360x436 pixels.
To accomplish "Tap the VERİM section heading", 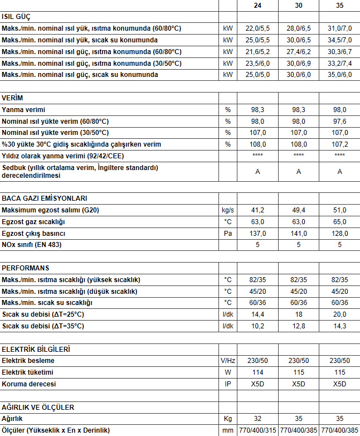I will (x=12, y=98).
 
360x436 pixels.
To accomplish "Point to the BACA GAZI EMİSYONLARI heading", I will (x=44, y=198).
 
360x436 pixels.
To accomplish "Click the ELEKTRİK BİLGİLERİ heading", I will (x=36, y=349).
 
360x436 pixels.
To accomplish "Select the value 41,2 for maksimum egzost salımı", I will (x=257, y=210).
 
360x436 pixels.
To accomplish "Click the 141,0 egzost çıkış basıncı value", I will (x=299, y=233).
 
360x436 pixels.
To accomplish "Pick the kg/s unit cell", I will (x=227, y=210).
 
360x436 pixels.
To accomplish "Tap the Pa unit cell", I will (x=227, y=233).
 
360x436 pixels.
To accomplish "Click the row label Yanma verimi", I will (x=23, y=109).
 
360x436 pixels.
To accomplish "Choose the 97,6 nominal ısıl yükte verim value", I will (x=339, y=121).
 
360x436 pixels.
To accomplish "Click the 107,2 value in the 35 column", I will (x=339, y=144).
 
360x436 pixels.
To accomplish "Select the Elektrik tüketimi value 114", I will (x=257, y=372).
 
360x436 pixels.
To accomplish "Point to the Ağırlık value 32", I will (x=257, y=418).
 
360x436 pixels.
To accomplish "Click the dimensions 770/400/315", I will (x=257, y=430).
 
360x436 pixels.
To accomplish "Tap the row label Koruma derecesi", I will (x=28, y=384).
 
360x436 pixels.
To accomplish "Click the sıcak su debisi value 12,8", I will (x=299, y=326).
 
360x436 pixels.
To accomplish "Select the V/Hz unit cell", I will (x=227, y=361).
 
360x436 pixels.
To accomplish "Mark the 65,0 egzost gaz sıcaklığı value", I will (x=339, y=221).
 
